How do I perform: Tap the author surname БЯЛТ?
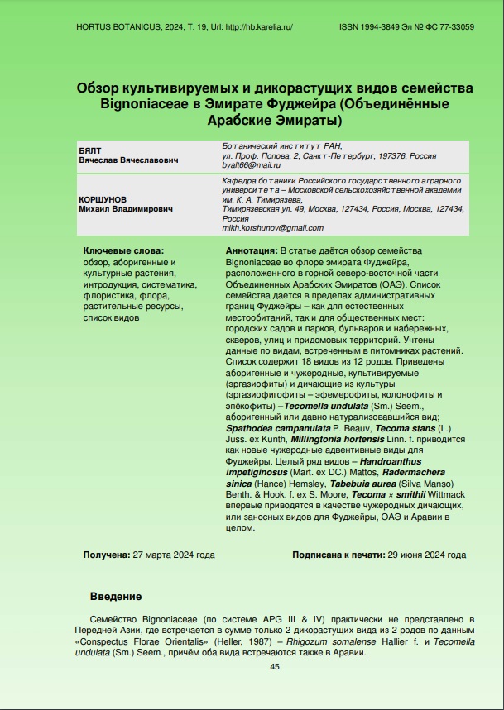click(x=89, y=150)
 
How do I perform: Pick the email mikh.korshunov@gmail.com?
click(x=273, y=228)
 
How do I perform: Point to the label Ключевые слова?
click(x=123, y=250)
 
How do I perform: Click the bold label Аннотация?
click(x=252, y=250)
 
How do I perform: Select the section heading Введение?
click(x=115, y=596)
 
